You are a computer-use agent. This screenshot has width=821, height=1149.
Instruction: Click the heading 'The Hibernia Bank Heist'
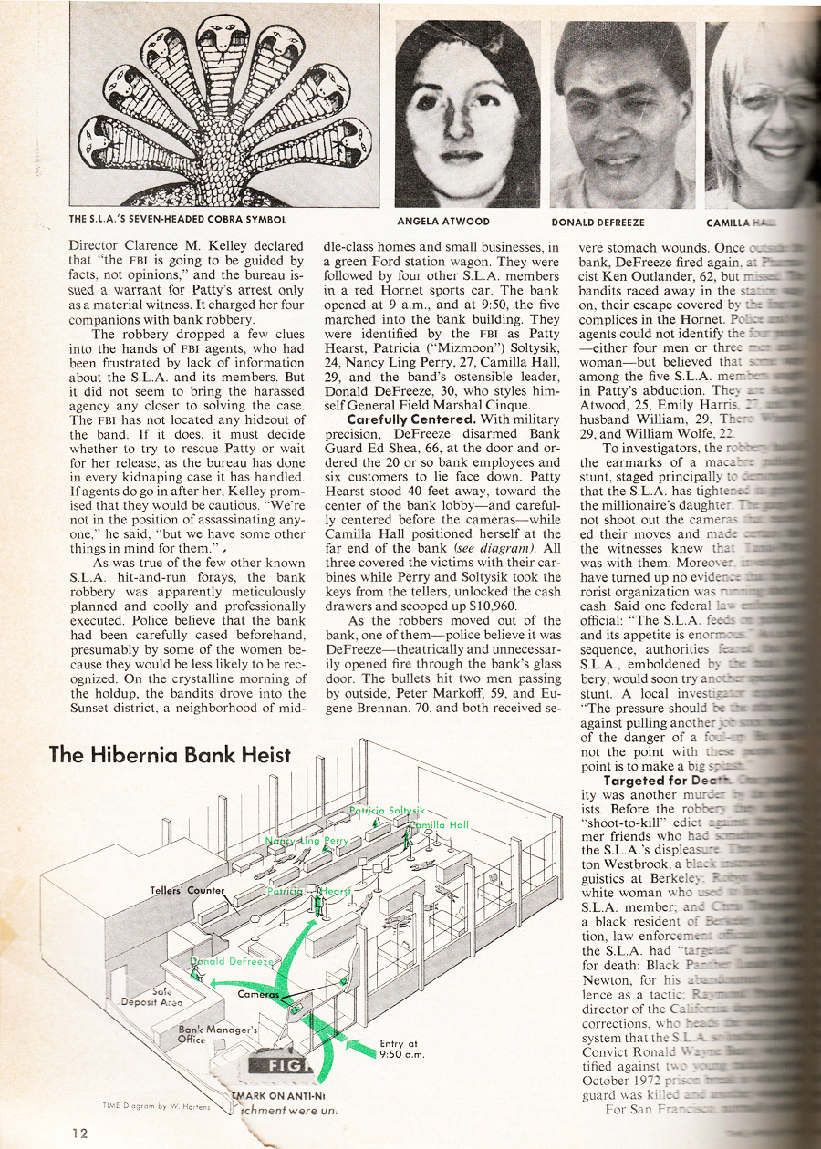pyautogui.click(x=170, y=754)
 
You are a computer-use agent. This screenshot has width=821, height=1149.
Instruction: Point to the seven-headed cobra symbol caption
pyautogui.click(x=177, y=220)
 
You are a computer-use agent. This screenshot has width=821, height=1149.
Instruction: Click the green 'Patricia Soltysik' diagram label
pyautogui.click(x=388, y=810)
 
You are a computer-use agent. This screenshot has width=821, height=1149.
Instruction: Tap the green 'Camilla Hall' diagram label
pyautogui.click(x=440, y=825)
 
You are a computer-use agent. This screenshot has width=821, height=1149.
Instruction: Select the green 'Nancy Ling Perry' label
pyautogui.click(x=307, y=840)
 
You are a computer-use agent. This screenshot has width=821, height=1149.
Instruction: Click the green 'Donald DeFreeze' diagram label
pyautogui.click(x=231, y=962)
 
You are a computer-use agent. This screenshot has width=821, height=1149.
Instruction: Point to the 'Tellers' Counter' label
pyautogui.click(x=188, y=890)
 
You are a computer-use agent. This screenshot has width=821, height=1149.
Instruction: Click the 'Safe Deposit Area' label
pyautogui.click(x=152, y=996)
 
